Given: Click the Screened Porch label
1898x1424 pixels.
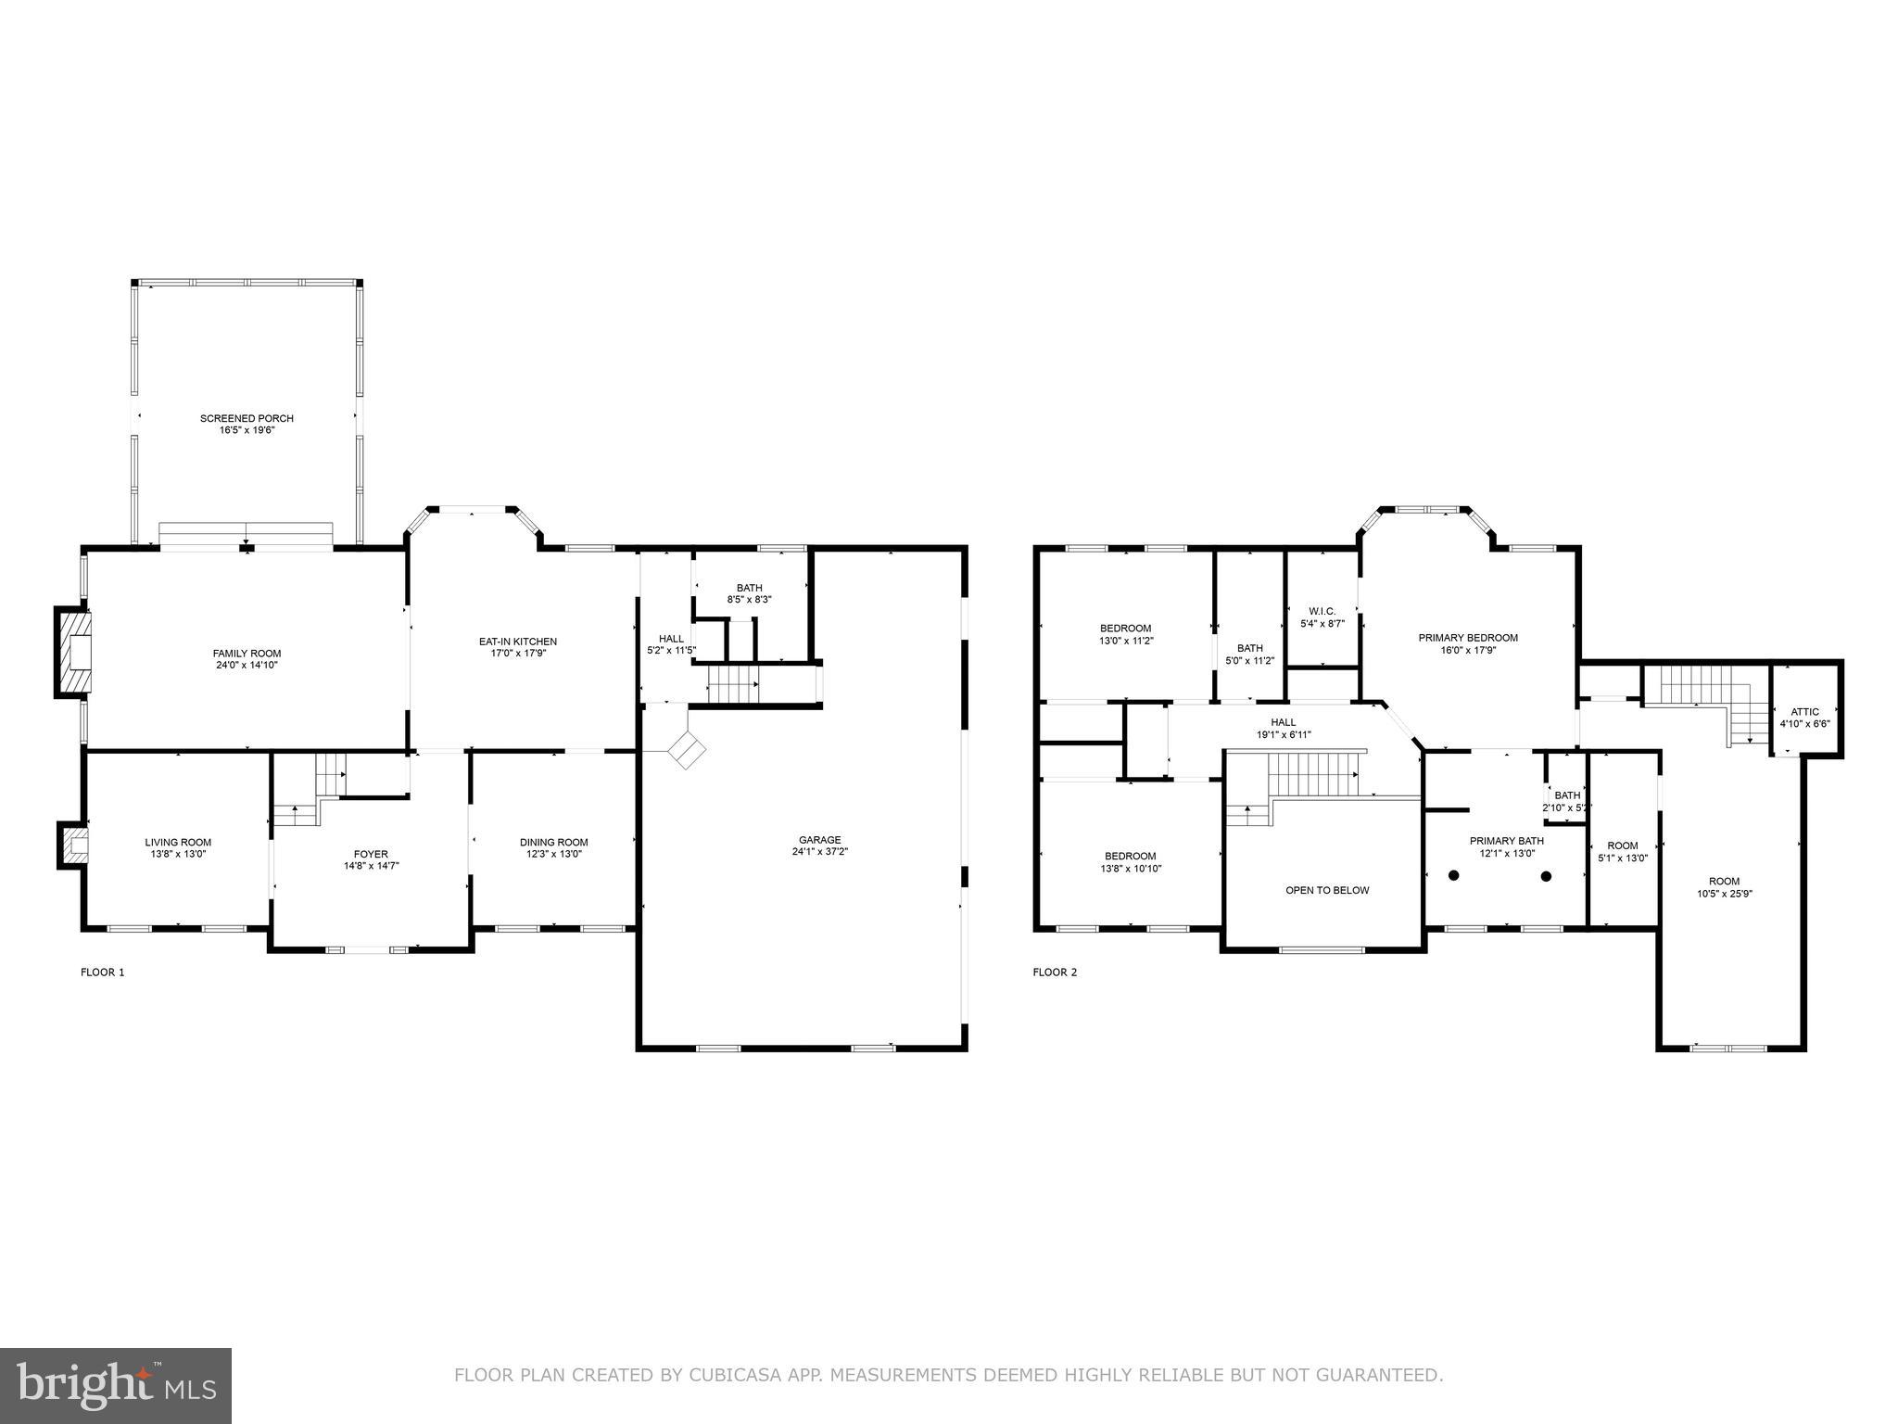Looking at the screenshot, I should pyautogui.click(x=247, y=419).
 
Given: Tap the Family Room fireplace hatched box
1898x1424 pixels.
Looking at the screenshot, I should pyautogui.click(x=74, y=652).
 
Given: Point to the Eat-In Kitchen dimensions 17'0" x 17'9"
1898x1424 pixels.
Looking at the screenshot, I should pyautogui.click(x=518, y=653).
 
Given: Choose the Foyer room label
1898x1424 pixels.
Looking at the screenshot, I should pyautogui.click(x=371, y=854).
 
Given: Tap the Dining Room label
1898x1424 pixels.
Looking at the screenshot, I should pyautogui.click(x=553, y=842).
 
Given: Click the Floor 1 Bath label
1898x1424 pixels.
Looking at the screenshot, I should pyautogui.click(x=749, y=588).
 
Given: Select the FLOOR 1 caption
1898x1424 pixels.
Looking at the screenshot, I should pyautogui.click(x=102, y=973).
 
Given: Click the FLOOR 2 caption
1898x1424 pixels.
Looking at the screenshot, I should pyautogui.click(x=1055, y=973).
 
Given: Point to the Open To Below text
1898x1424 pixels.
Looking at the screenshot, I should pyautogui.click(x=1327, y=890).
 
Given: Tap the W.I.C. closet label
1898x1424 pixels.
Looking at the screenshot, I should pyautogui.click(x=1322, y=611).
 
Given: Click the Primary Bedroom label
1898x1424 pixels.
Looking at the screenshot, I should pyautogui.click(x=1468, y=638).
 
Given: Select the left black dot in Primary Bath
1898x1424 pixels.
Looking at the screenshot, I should pyautogui.click(x=1454, y=875).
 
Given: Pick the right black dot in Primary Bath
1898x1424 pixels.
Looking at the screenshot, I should pyautogui.click(x=1546, y=875).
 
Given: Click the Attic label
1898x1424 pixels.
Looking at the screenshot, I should pyautogui.click(x=1805, y=712).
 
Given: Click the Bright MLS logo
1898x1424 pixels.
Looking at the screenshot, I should pyautogui.click(x=116, y=1385).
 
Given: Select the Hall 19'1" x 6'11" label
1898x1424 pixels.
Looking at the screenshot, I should pyautogui.click(x=1284, y=722).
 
